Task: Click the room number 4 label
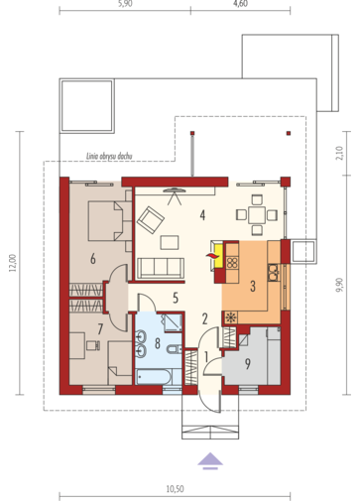[x=202, y=215]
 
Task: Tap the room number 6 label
[x=93, y=259]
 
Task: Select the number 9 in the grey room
[x=247, y=364]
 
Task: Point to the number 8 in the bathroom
[x=158, y=343]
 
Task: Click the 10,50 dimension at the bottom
[x=175, y=489]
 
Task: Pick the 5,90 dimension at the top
[x=125, y=3]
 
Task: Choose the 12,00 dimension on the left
[x=13, y=263]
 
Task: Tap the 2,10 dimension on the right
[x=339, y=153]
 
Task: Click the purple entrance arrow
[x=210, y=460]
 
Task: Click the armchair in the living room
[x=151, y=220]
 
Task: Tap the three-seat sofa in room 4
[x=161, y=268]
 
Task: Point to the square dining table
[x=257, y=215]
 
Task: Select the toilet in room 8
[x=175, y=349]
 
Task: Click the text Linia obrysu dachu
[x=109, y=156]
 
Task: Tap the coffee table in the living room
[x=170, y=242]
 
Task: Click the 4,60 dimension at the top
[x=240, y=3]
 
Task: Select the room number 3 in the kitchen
[x=253, y=286]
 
